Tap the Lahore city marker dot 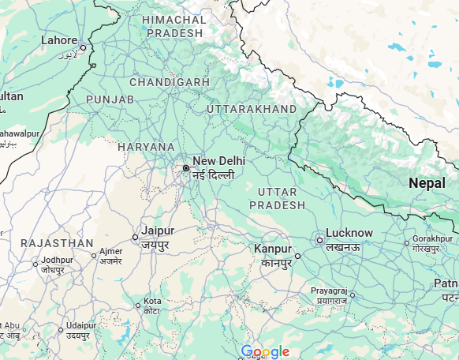(x=83, y=47)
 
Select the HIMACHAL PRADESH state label (x=174, y=26)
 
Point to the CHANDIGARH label (x=170, y=82)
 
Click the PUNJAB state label (x=110, y=99)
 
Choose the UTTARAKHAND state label (x=252, y=108)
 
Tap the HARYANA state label (x=146, y=147)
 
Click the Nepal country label (x=432, y=182)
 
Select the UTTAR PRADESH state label (x=277, y=198)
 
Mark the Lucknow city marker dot (x=320, y=240)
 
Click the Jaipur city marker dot (x=135, y=237)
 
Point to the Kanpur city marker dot (x=298, y=256)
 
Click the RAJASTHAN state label (x=57, y=243)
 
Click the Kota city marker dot (x=137, y=306)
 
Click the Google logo (x=266, y=351)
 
